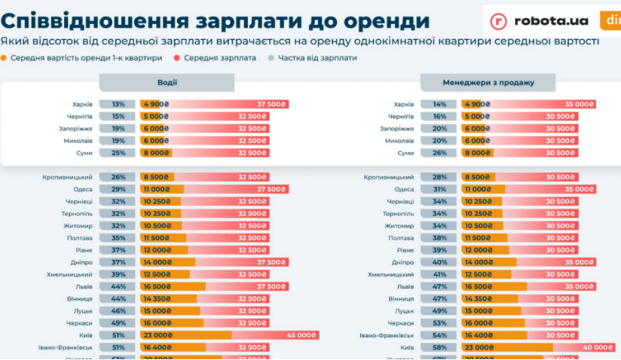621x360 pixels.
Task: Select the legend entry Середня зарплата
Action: click(x=219, y=57)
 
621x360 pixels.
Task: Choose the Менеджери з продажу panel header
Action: click(x=488, y=82)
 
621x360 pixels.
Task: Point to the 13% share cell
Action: click(x=118, y=105)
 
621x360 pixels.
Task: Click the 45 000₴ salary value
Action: click(x=302, y=335)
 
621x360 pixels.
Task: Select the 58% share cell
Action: click(x=439, y=347)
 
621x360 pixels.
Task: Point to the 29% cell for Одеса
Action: click(x=118, y=189)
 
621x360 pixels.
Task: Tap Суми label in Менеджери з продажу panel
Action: click(x=405, y=153)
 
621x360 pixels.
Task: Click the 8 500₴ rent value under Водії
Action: click(x=157, y=177)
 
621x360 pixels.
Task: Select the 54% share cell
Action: click(x=439, y=335)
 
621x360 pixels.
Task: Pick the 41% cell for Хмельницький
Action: click(x=439, y=274)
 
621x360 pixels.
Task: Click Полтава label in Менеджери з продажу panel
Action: click(x=401, y=238)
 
